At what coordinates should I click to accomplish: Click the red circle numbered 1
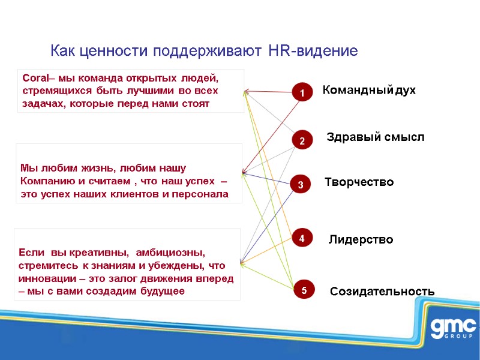pyautogui.click(x=302, y=93)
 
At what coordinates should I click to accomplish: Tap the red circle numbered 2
pyautogui.click(x=302, y=140)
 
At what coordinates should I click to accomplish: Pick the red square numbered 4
pyautogui.click(x=302, y=238)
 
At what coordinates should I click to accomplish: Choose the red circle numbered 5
pyautogui.click(x=304, y=290)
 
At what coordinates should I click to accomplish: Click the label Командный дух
pyautogui.click(x=369, y=91)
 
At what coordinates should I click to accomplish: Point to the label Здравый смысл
pyautogui.click(x=375, y=137)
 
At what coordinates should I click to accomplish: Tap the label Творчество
pyautogui.click(x=359, y=182)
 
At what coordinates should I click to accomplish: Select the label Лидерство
pyautogui.click(x=361, y=240)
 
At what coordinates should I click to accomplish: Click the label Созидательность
pyautogui.click(x=382, y=292)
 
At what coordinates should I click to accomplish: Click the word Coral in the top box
pyautogui.click(x=34, y=78)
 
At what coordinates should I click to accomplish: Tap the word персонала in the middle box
pyautogui.click(x=202, y=194)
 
